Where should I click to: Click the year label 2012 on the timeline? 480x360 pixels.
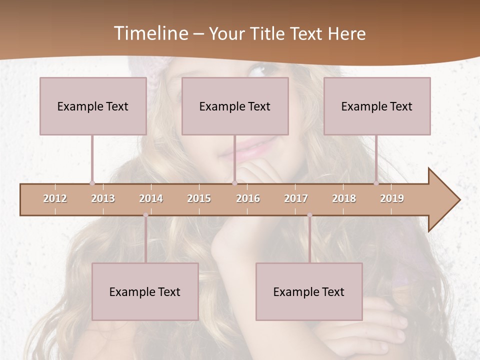[55, 198]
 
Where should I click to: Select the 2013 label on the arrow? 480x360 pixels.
[103, 198]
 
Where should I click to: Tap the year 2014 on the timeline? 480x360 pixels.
[151, 198]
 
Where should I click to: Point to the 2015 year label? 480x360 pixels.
[199, 198]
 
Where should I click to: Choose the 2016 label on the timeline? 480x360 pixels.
[248, 198]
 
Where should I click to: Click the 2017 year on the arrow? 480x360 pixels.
[296, 198]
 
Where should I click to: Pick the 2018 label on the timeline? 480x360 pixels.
[344, 198]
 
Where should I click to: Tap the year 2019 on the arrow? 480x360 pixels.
[392, 198]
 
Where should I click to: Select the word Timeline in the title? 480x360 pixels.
[150, 33]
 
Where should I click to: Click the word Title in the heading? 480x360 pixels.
[267, 34]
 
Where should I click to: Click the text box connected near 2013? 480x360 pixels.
[93, 106]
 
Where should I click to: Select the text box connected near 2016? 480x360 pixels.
[235, 106]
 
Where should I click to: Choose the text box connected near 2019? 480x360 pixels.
[377, 106]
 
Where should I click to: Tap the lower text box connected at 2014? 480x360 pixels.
[145, 291]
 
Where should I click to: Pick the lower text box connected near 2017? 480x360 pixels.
[309, 291]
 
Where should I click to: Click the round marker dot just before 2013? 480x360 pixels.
[92, 183]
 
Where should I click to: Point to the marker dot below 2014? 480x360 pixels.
[145, 215]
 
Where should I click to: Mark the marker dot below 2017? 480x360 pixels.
[309, 215]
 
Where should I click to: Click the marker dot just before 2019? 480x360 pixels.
[376, 183]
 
